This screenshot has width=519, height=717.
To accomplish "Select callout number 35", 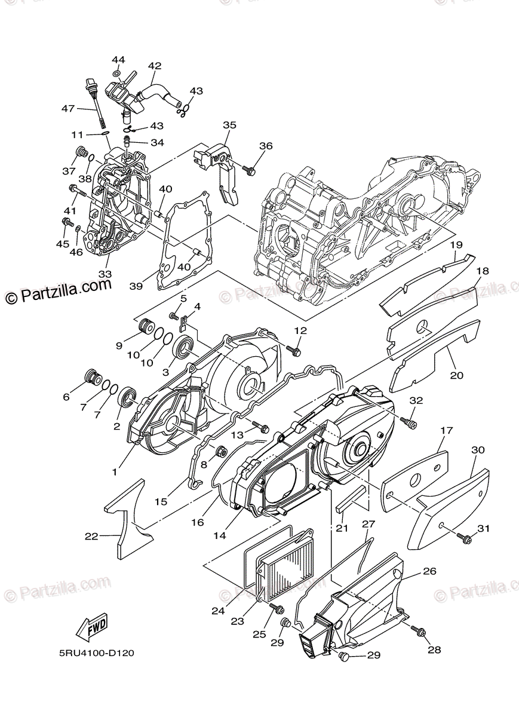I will pyautogui.click(x=229, y=125).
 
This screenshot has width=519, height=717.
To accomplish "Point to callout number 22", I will pyautogui.click(x=91, y=537).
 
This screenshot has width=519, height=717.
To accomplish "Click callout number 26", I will pyautogui.click(x=430, y=571).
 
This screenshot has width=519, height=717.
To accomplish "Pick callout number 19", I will pyautogui.click(x=456, y=244).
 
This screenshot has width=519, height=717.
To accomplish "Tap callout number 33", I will pyautogui.click(x=105, y=274).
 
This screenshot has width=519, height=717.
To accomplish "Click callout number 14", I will pyautogui.click(x=220, y=535).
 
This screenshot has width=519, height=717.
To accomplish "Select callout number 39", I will pyautogui.click(x=136, y=286).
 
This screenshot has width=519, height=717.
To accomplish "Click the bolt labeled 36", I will pyautogui.click(x=249, y=170).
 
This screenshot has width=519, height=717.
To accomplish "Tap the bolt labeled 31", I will pyautogui.click(x=463, y=539).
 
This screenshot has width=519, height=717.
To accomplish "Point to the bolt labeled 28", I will pyautogui.click(x=420, y=631).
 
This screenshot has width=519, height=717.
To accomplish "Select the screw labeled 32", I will pyautogui.click(x=410, y=422).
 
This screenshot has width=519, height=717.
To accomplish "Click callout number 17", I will pyautogui.click(x=447, y=430).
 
